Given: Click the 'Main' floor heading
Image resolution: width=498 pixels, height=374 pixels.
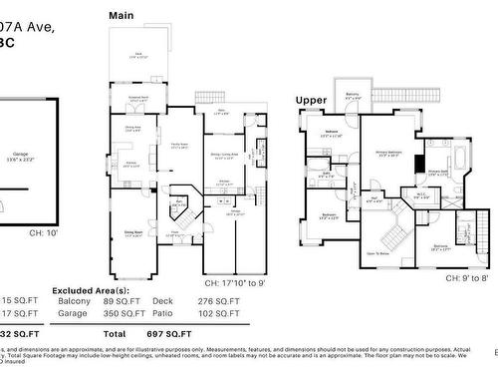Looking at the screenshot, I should [x=121, y=16].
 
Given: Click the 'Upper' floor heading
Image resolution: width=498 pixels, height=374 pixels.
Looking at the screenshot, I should [x=310, y=100].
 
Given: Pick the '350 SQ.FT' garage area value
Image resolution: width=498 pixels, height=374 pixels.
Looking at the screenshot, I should [x=123, y=313].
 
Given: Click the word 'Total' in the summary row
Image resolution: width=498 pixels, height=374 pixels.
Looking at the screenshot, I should [x=115, y=332].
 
